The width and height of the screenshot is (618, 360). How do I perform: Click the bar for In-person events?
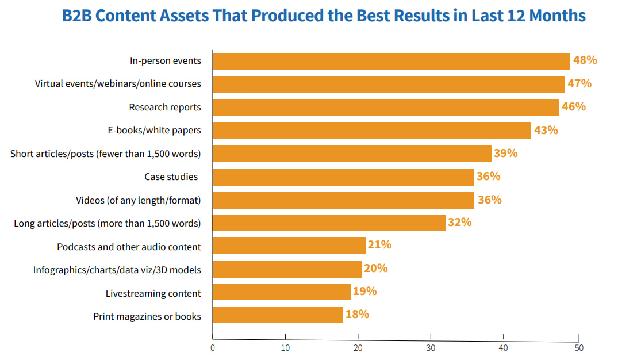point(391,62)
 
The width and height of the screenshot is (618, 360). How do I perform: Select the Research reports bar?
point(385,108)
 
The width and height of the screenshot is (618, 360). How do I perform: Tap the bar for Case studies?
point(343,177)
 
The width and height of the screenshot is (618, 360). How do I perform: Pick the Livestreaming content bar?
point(281,292)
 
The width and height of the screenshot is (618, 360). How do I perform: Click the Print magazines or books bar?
point(278,315)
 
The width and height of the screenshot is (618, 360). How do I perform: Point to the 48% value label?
point(585,60)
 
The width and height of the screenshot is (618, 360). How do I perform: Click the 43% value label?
point(546,130)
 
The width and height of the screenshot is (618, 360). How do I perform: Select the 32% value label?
point(459,222)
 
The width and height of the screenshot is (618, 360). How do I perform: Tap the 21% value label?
point(379,245)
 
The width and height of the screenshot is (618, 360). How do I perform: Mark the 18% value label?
point(357,314)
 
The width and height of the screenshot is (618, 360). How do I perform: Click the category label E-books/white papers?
point(155,130)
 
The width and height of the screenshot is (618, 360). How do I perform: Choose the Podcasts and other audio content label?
point(129,247)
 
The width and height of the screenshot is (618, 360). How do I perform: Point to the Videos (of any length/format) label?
point(139,200)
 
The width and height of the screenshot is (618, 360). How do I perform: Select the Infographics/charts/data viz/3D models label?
point(117,270)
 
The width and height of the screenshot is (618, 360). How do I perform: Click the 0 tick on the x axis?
point(213,348)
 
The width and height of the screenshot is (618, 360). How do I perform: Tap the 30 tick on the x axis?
point(431,348)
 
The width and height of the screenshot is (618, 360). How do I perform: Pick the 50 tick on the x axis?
point(578,348)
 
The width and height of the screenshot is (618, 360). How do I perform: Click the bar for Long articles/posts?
point(329,223)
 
